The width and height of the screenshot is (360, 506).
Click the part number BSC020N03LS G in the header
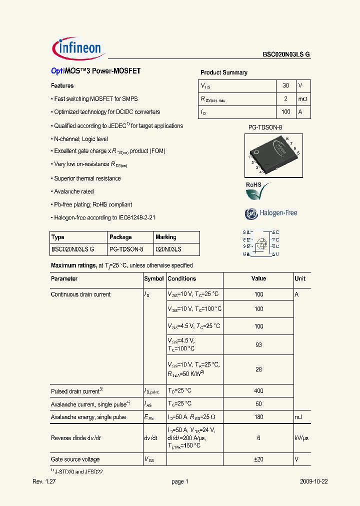286,56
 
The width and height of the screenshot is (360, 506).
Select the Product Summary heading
223,72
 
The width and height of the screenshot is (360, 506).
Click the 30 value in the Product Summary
286,85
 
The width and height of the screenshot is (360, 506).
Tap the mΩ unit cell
302,99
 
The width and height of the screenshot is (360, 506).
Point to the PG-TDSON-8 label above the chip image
265,127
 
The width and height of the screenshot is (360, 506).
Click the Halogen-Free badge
271,213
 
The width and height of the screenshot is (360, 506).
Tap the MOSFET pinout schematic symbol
260,243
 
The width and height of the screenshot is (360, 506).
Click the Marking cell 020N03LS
168,249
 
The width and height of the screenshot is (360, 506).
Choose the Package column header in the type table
120,237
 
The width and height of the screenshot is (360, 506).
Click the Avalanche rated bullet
73,191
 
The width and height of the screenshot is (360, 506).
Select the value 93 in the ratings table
258,345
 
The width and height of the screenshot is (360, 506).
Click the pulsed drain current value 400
258,391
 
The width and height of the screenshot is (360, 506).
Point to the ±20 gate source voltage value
258,459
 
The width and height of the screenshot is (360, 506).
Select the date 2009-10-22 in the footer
313,481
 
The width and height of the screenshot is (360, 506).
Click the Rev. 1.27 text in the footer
42,481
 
